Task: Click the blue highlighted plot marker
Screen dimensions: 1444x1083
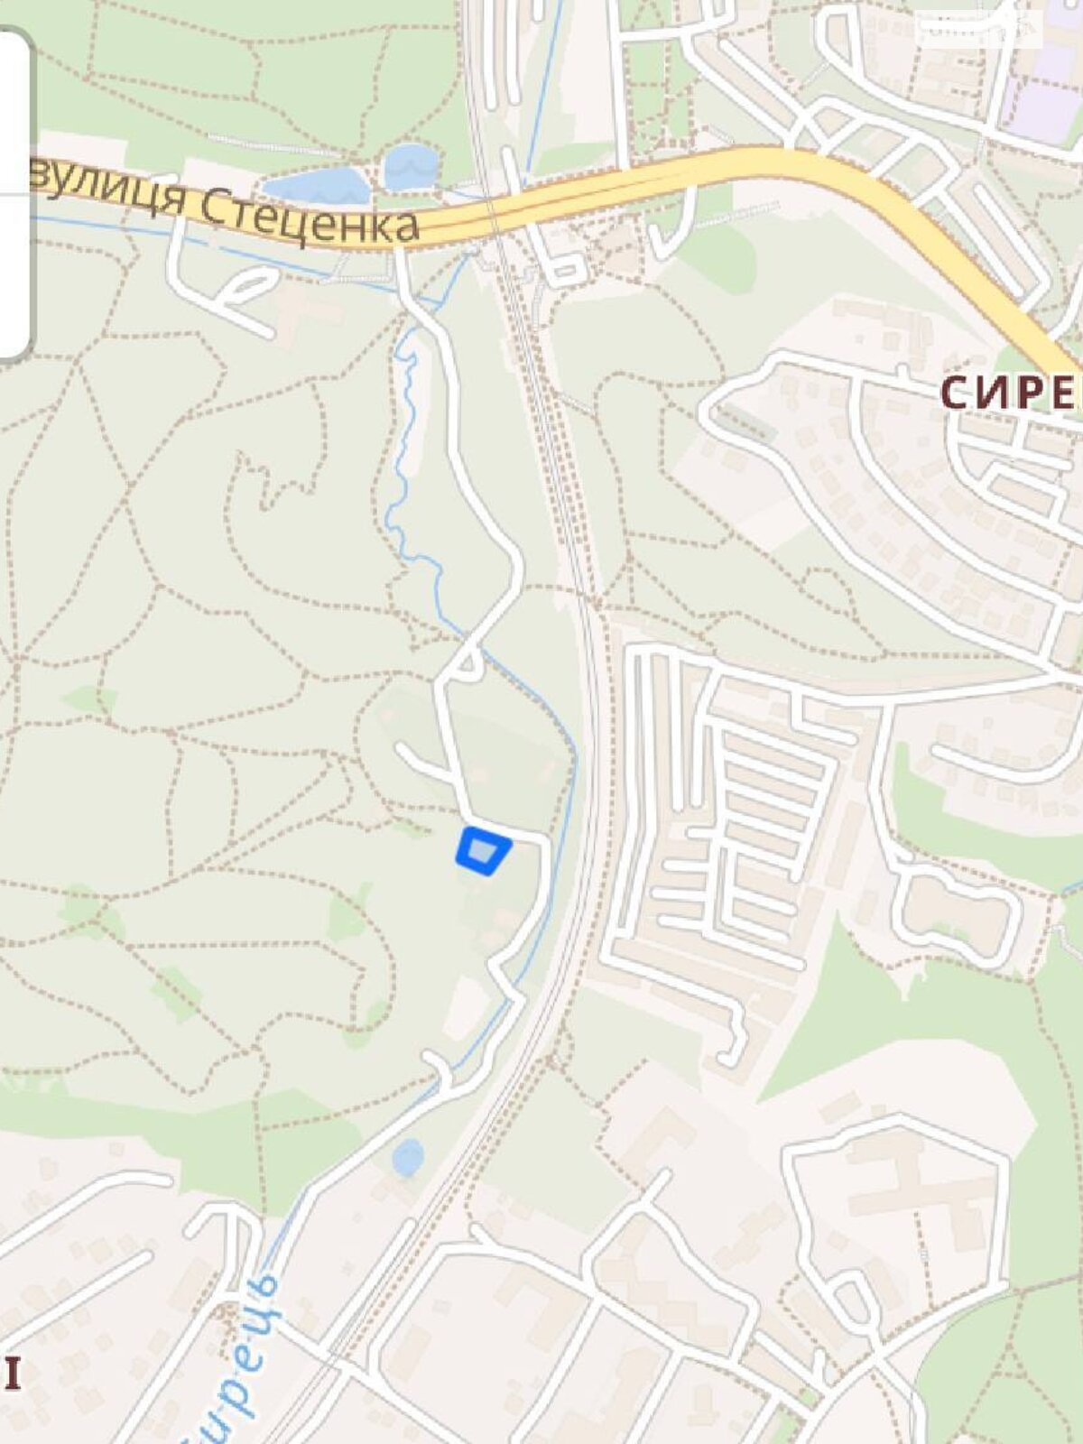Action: click(483, 851)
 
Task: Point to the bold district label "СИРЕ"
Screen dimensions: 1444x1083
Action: click(1011, 393)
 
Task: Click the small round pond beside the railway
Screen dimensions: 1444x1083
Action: click(408, 1157)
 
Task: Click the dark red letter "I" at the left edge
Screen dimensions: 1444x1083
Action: click(12, 1374)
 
